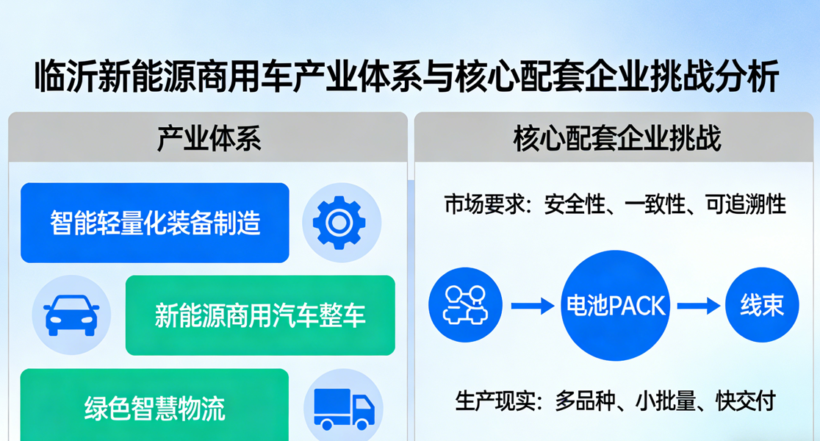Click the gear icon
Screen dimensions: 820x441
[x=339, y=223]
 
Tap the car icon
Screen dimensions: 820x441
[x=71, y=315]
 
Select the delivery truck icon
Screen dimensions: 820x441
[x=344, y=409]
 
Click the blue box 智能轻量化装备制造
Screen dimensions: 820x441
[x=155, y=223]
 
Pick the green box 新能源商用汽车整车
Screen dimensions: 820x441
[x=260, y=315]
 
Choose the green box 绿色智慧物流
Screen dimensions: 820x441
[x=155, y=405]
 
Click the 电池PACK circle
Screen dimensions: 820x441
[x=616, y=306]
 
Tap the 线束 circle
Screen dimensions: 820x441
[x=762, y=305]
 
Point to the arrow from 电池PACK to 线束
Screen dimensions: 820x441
[x=699, y=306]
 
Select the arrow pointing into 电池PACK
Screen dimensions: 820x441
[x=533, y=306]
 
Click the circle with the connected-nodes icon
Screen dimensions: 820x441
[x=465, y=305]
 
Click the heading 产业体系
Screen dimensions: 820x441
[x=209, y=139]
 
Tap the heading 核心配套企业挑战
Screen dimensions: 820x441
[x=617, y=139]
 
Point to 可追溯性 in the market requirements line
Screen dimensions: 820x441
[x=745, y=204]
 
